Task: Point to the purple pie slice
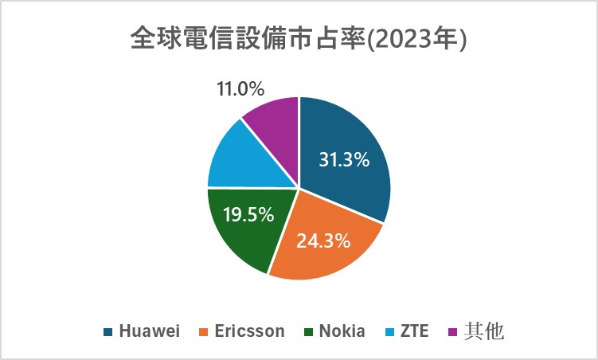[275, 119]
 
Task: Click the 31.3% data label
[344, 160]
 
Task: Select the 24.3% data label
[324, 240]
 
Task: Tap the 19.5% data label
[248, 214]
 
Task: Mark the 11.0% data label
[240, 88]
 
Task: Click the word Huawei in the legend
[149, 331]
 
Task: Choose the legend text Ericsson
[248, 331]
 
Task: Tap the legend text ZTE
[415, 331]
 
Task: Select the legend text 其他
[483, 331]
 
